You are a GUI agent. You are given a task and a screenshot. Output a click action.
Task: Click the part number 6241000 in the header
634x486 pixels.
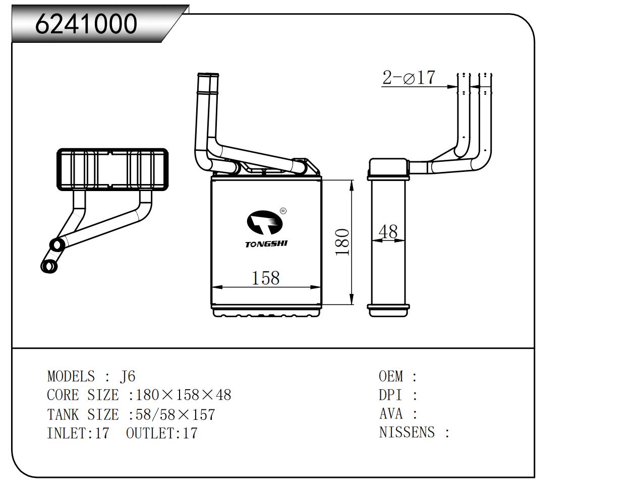pyautogui.click(x=86, y=24)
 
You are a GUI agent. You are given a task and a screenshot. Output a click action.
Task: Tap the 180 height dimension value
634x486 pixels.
pyautogui.click(x=343, y=242)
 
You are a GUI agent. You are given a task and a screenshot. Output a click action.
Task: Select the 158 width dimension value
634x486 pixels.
pyautogui.click(x=265, y=278)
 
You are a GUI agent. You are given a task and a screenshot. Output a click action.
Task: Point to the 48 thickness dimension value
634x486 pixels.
pyautogui.click(x=388, y=232)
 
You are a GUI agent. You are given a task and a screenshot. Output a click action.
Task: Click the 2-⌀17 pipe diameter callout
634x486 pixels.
pyautogui.click(x=409, y=78)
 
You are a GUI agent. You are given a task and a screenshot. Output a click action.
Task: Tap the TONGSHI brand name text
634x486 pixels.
pyautogui.click(x=266, y=245)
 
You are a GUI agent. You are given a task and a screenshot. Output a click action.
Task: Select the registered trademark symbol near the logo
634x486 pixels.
pyautogui.click(x=282, y=211)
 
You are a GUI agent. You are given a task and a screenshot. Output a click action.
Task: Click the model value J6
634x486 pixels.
pyautogui.click(x=127, y=376)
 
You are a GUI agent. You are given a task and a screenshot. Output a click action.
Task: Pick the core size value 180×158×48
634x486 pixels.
pyautogui.click(x=184, y=395)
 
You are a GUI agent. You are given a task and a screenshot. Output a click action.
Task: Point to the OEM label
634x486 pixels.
pyautogui.click(x=391, y=376)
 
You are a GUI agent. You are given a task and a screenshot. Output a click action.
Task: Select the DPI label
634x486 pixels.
pyautogui.click(x=391, y=395)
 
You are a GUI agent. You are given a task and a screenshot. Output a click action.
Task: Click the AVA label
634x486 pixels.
pyautogui.click(x=391, y=414)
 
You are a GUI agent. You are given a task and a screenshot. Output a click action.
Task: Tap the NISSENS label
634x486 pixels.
pyautogui.click(x=407, y=433)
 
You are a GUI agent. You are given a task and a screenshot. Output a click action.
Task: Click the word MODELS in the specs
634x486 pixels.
pyautogui.click(x=71, y=376)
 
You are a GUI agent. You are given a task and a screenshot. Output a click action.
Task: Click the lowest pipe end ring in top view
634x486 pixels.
pyautogui.click(x=49, y=266)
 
